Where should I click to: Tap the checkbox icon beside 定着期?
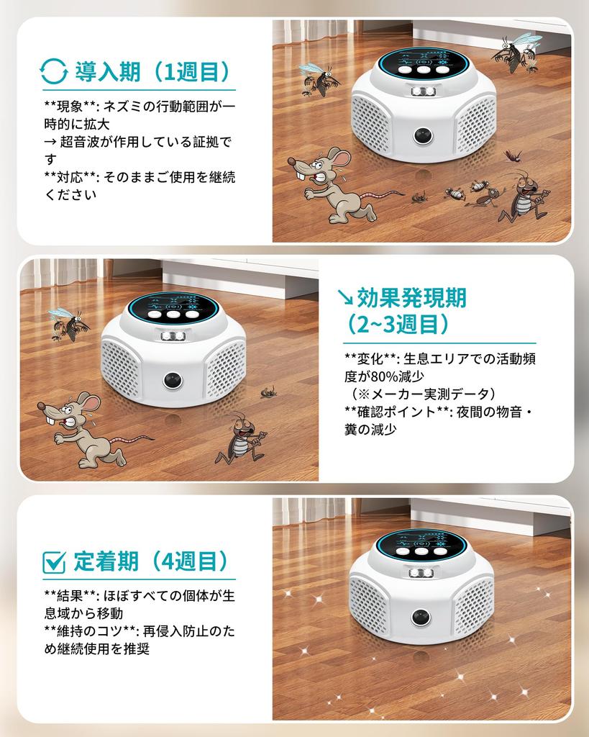tap(55, 561)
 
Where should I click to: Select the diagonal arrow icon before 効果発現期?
tap(344, 297)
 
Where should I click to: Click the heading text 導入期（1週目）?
tap(152, 72)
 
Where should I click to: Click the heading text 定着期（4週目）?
tap(152, 561)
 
